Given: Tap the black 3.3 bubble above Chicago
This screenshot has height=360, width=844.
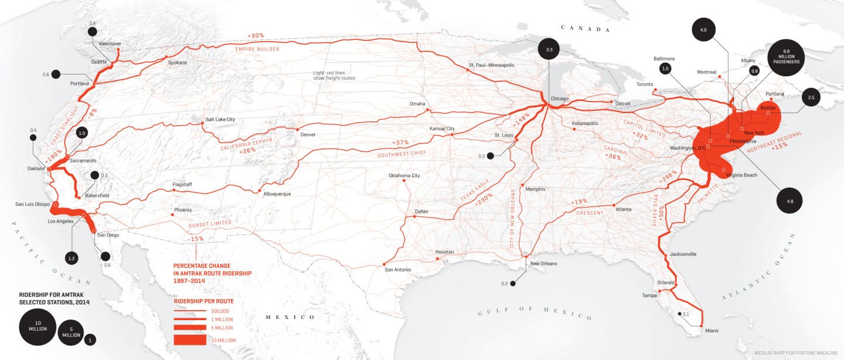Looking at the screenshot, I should click(549, 50).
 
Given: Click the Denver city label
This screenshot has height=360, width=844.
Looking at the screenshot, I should click(308, 134).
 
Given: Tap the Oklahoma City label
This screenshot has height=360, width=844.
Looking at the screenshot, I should click(404, 175).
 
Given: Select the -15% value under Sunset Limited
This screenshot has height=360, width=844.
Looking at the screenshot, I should click(195, 239).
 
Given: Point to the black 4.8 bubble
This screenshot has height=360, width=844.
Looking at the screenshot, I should click(789, 201).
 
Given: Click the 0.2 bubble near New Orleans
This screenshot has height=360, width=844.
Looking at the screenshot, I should click(513, 283).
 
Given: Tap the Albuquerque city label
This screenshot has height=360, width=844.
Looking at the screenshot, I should click(277, 193).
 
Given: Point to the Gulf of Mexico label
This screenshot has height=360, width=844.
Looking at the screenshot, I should click(534, 313).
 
